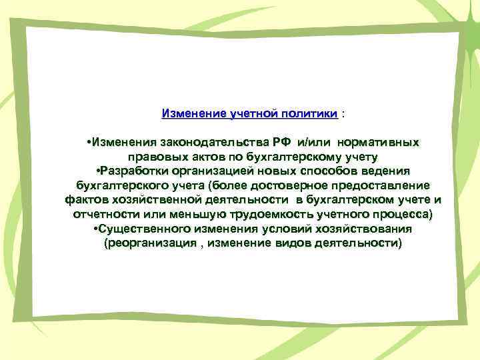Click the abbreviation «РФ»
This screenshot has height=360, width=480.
pyautogui.click(x=280, y=142)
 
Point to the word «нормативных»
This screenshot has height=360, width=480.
pyautogui.click(x=378, y=142)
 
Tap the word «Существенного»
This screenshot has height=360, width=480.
pyautogui.click(x=139, y=229)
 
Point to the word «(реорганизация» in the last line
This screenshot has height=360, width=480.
pyautogui.click(x=142, y=243)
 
